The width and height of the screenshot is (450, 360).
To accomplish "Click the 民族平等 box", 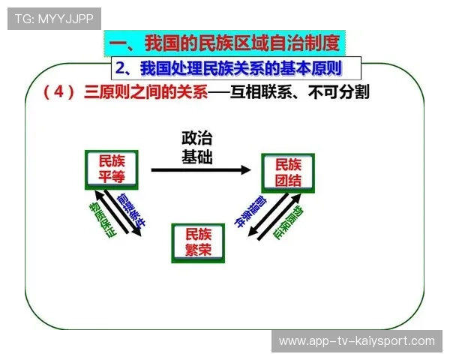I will [110, 170].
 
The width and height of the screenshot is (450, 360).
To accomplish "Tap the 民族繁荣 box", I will [199, 242].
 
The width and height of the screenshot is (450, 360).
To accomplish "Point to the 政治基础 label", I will [197, 148].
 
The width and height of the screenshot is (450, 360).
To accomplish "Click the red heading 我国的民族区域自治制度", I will [242, 42].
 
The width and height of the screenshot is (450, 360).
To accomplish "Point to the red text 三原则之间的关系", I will [145, 92].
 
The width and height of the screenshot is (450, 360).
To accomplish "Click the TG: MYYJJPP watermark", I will [54, 18].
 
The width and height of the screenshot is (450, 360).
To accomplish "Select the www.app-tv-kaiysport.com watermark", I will [356, 341].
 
